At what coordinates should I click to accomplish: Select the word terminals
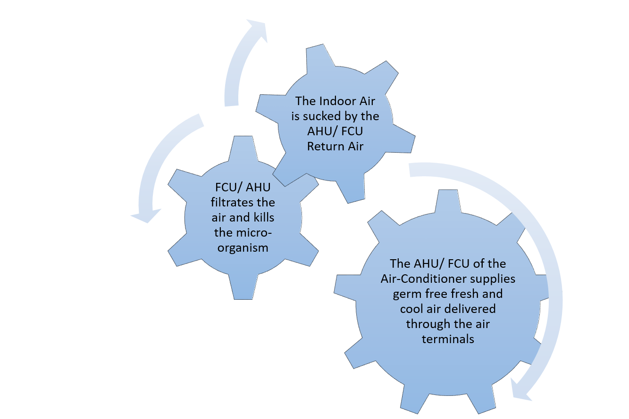click(448, 339)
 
